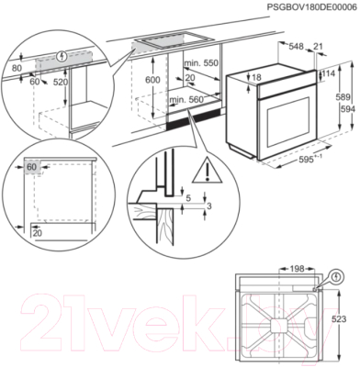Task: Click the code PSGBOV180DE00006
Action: tap(311, 7)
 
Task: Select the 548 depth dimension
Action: tap(296, 47)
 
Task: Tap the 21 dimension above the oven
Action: tap(319, 47)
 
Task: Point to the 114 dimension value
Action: tap(329, 73)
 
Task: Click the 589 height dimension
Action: tap(343, 97)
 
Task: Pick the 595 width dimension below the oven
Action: tap(306, 160)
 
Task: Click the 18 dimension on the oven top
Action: tap(256, 78)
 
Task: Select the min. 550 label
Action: tap(201, 63)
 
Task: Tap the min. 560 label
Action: tap(186, 100)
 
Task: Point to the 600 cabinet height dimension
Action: tap(152, 80)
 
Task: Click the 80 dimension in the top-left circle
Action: tap(17, 68)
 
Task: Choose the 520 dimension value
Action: tap(61, 82)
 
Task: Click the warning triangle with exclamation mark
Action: tap(208, 170)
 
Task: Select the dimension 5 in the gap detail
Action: tap(188, 198)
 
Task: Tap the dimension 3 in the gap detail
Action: tap(209, 206)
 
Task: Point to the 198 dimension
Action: tap(297, 269)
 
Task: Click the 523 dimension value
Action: tap(339, 319)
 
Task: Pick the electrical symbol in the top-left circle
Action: tap(62, 56)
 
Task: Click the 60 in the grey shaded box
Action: tap(31, 167)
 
